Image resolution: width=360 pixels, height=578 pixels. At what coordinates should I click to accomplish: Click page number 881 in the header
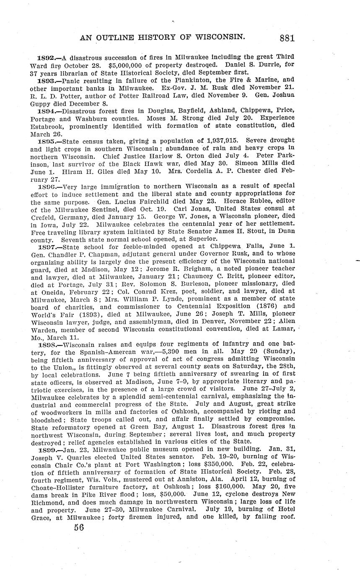pos(287,38)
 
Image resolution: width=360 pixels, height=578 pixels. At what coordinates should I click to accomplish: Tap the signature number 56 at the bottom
pos(79,527)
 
